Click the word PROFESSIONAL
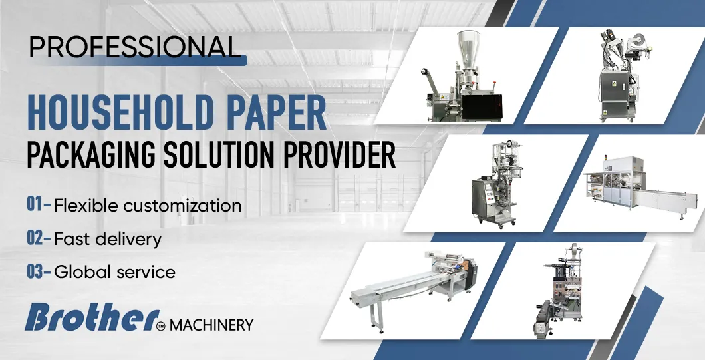point(133,46)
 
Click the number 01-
point(39,204)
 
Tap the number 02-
point(39,238)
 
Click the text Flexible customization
point(148,205)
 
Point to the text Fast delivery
point(108,238)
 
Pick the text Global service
point(114,271)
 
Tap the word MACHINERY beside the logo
point(211,325)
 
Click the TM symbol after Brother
point(160,325)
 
